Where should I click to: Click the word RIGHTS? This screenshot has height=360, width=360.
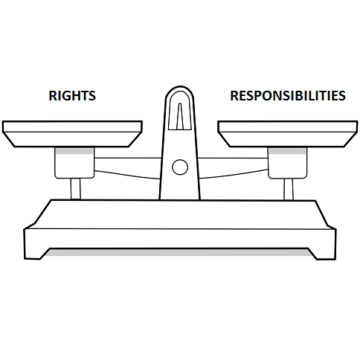[72, 95]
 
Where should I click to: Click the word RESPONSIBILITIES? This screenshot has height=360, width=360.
[288, 95]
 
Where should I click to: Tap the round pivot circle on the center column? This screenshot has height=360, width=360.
[180, 167]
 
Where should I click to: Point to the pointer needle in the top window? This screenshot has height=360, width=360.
[180, 116]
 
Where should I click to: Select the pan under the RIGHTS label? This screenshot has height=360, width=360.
[72, 134]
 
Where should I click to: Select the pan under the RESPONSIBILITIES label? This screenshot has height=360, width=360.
[288, 134]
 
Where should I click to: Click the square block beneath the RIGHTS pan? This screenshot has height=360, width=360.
[74, 163]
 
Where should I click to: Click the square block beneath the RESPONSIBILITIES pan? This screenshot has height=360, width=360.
[288, 163]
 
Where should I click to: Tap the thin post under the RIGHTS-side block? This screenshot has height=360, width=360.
[76, 189]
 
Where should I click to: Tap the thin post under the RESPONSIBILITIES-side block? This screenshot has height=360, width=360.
[289, 189]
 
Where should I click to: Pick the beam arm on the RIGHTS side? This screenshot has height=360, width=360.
[127, 167]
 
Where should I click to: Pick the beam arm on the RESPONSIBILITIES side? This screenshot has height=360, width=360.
[234, 167]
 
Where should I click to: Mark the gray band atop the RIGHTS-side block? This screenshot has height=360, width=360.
[74, 151]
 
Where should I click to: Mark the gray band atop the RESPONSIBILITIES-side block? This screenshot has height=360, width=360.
[288, 151]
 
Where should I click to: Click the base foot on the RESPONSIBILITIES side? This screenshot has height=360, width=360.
[325, 254]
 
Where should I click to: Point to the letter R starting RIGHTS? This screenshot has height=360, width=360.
[52, 96]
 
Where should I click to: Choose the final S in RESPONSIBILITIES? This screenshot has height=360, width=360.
[342, 96]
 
